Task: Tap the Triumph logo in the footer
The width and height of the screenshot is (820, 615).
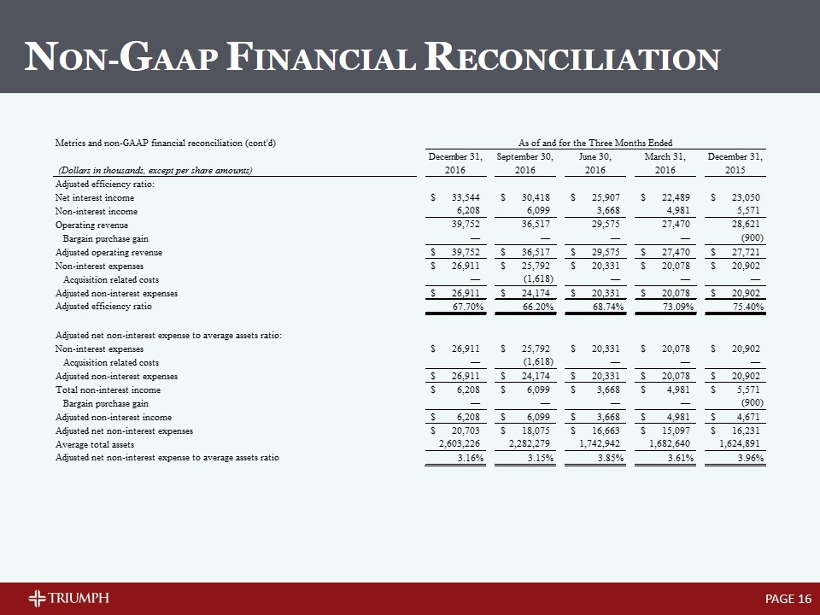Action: pyautogui.click(x=68, y=596)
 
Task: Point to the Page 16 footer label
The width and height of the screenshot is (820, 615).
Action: pyautogui.click(x=788, y=597)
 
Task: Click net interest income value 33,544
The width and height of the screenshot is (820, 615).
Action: pyautogui.click(x=467, y=197)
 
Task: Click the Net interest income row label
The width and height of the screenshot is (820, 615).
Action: pyautogui.click(x=94, y=197)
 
